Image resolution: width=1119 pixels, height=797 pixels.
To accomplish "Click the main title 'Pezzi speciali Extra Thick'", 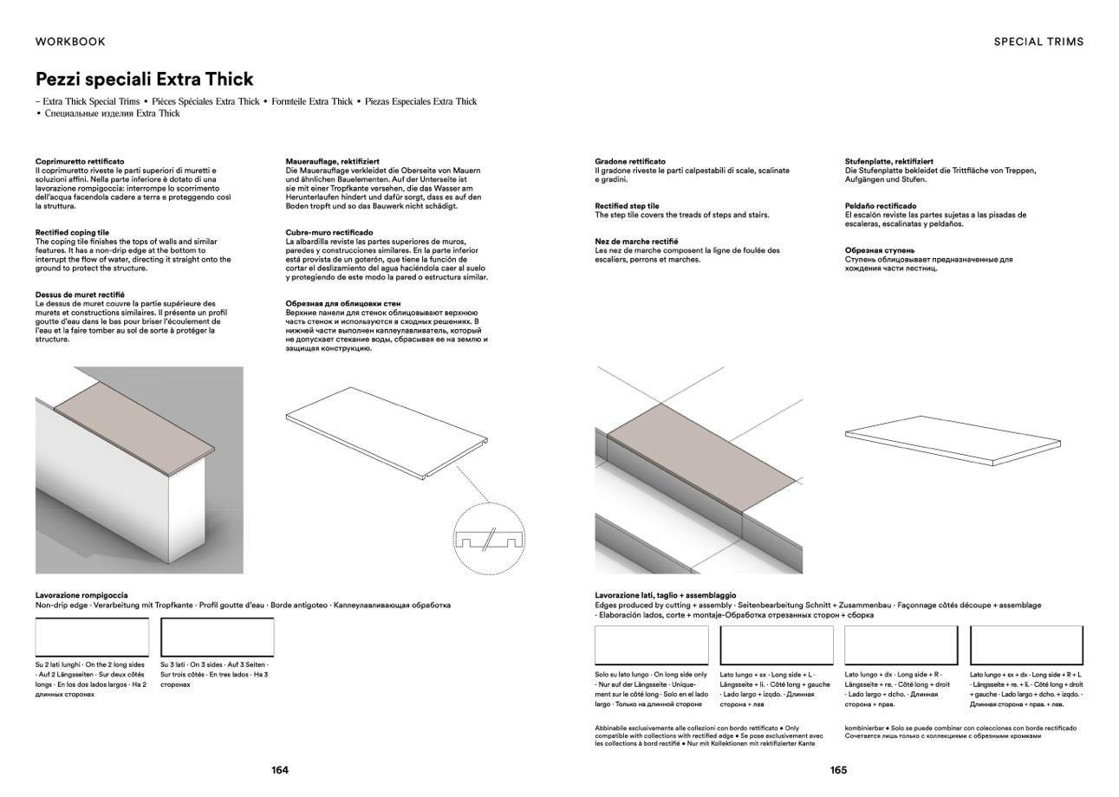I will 144,80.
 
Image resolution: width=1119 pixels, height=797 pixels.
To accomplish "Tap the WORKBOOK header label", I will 70,42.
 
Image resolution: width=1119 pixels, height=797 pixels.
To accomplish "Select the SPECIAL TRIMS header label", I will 1038,42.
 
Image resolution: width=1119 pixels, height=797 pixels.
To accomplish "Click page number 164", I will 279,770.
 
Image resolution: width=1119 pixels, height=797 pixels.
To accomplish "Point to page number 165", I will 838,770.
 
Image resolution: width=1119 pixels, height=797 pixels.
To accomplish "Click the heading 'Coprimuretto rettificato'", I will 80,161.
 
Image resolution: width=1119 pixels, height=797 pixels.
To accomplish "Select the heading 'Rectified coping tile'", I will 72,233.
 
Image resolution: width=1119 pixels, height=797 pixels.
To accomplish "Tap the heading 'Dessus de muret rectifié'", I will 80,295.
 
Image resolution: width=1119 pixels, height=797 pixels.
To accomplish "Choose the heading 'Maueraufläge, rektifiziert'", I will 332,161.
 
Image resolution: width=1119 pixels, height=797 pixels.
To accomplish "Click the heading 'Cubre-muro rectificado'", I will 329,233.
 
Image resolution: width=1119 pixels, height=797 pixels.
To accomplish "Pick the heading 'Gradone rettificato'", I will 630,161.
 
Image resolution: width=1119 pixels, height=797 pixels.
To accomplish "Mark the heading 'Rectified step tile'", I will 627,206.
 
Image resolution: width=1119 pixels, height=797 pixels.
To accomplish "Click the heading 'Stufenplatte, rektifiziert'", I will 888,161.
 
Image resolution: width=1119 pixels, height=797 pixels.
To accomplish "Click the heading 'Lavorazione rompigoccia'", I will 81,595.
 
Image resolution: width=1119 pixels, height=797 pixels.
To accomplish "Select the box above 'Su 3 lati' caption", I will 218,638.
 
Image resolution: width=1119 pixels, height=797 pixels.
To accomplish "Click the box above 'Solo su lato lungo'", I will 651,645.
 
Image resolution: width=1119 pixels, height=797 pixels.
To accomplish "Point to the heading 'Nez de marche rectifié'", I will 636,242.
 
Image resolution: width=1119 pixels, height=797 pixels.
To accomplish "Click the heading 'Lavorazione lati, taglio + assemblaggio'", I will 665,595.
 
